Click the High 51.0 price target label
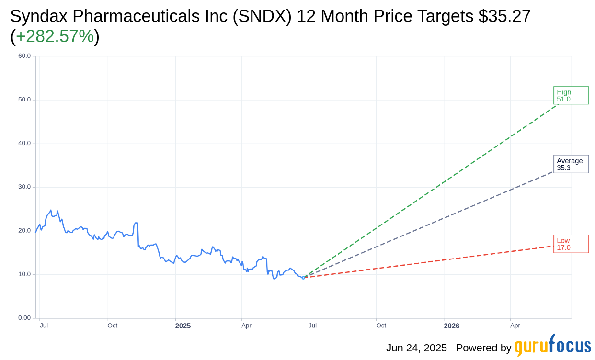point(571,95)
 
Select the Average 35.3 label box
point(571,164)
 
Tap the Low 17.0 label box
point(571,244)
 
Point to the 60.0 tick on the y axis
point(24,56)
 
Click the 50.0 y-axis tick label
point(24,100)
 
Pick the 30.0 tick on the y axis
point(24,187)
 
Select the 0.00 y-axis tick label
point(24,318)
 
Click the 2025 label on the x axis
point(183,326)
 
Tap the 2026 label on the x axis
point(451,326)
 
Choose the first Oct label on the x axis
point(112,326)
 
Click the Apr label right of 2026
point(515,326)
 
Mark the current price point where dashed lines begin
point(303,278)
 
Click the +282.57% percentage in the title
point(55,36)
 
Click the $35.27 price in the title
point(504,16)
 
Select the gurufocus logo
point(552,346)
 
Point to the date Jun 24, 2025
point(416,348)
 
